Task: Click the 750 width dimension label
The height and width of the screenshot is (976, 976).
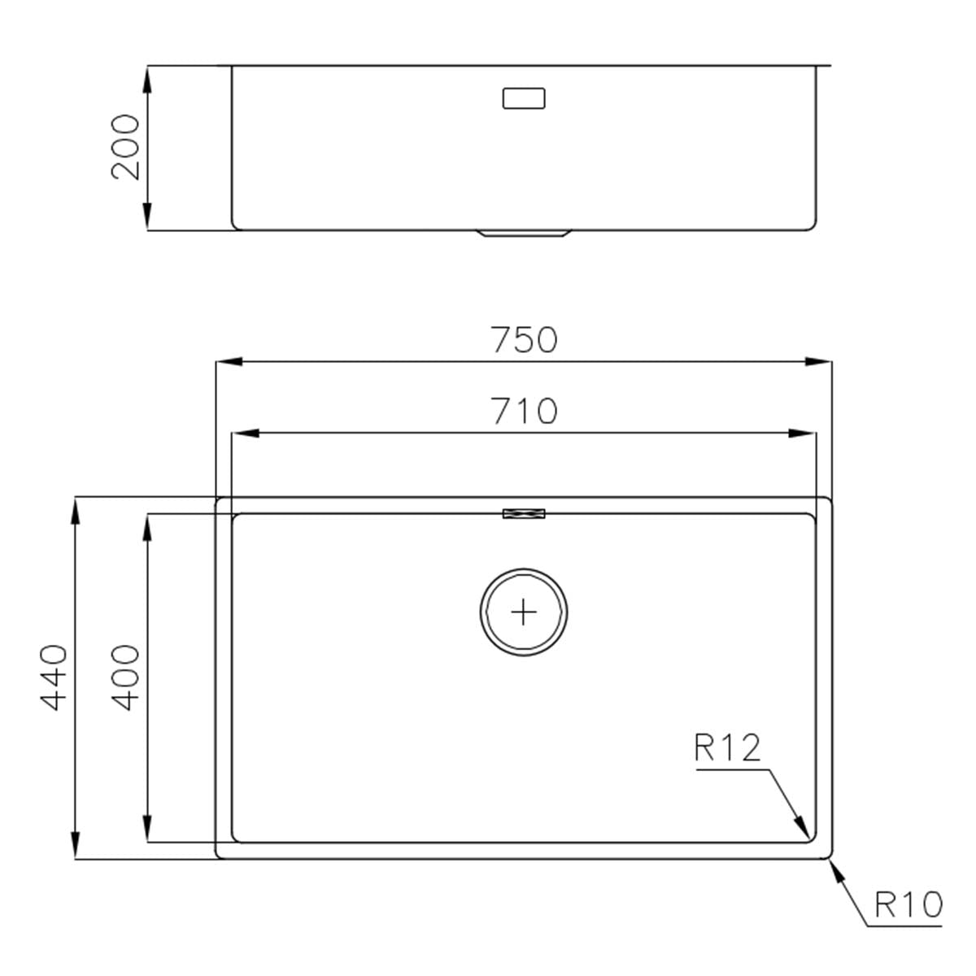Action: (x=525, y=340)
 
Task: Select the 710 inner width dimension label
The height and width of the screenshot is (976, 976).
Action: (x=525, y=412)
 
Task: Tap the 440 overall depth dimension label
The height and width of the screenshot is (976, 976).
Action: (x=54, y=677)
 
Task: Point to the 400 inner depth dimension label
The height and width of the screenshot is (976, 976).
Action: (x=125, y=677)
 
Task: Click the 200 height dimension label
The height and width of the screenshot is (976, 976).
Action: (x=125, y=147)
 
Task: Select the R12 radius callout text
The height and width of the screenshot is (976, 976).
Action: (x=728, y=747)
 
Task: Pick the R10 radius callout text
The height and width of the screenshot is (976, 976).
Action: (x=908, y=904)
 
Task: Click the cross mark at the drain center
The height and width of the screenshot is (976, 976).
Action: (x=524, y=610)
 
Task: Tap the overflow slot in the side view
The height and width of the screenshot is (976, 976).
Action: (x=524, y=98)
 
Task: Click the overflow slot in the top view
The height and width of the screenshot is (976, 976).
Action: (x=524, y=513)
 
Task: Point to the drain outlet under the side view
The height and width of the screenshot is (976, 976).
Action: (x=524, y=233)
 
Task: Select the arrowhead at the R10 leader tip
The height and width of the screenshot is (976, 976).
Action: (x=834, y=868)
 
